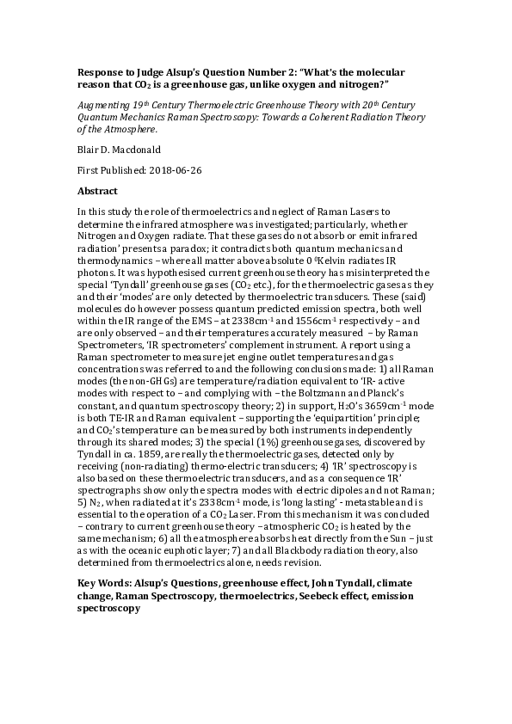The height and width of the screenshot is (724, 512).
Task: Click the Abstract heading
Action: pyautogui.click(x=96, y=190)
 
